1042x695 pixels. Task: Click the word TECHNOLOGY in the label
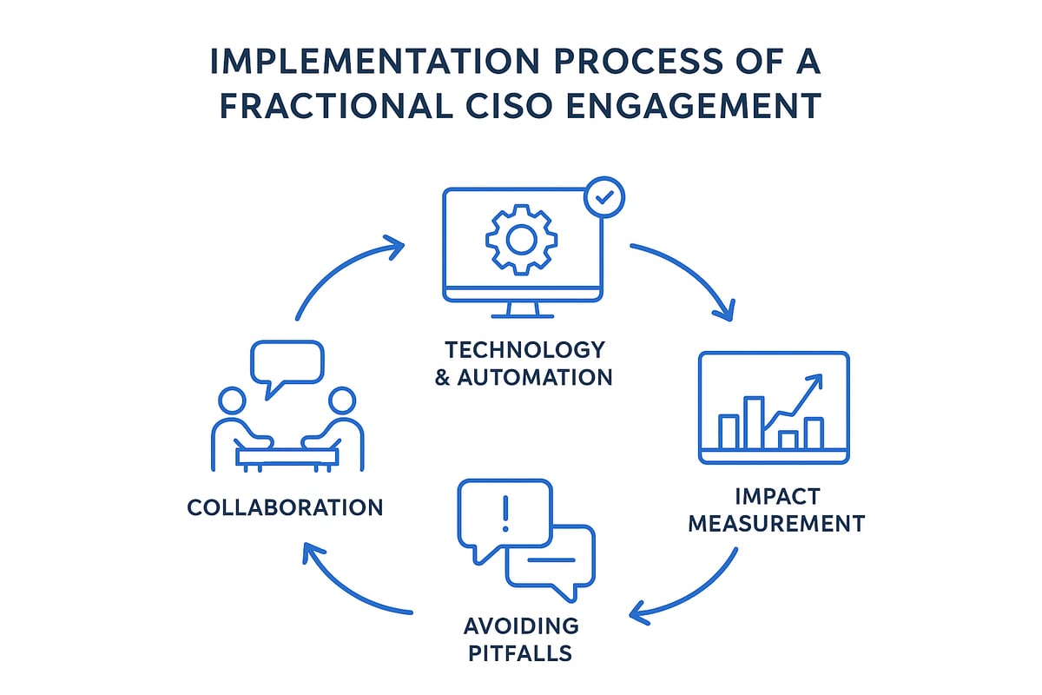[524, 350]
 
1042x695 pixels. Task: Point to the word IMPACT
[776, 496]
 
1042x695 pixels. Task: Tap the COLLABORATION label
[285, 507]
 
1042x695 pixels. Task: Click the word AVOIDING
[521, 625]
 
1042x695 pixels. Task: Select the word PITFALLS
[521, 652]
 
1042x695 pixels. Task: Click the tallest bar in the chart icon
[754, 422]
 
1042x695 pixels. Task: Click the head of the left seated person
[231, 401]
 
